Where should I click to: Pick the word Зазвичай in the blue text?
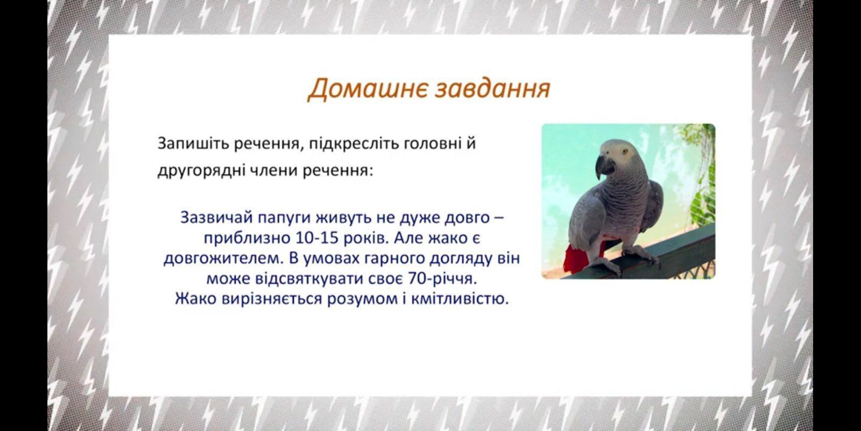click(216, 218)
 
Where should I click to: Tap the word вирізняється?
click(271, 299)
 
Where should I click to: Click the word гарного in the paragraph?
click(391, 258)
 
